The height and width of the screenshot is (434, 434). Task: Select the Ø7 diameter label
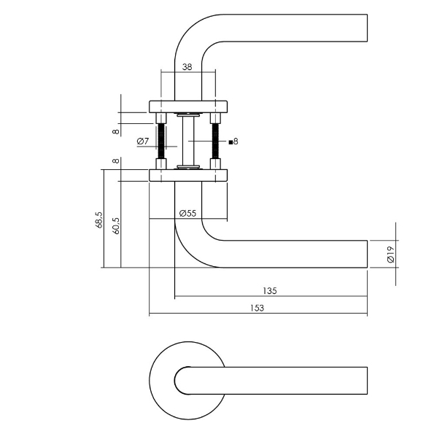[x=143, y=141]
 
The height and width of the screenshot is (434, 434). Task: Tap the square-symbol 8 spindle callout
[x=233, y=142]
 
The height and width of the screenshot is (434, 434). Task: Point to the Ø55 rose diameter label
[x=187, y=214]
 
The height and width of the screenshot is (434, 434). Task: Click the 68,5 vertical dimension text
[x=98, y=221]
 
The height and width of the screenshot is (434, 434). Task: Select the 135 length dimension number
[x=270, y=290]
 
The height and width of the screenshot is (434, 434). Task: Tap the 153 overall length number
[x=256, y=309]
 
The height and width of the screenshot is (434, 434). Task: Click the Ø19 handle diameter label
[x=391, y=254]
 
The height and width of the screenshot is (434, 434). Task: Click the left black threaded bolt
[x=161, y=141]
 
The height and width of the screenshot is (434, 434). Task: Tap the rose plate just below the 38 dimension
[x=188, y=106]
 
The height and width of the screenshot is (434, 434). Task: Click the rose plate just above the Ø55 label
[x=188, y=175]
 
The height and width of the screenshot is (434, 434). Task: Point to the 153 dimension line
[x=306, y=316]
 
